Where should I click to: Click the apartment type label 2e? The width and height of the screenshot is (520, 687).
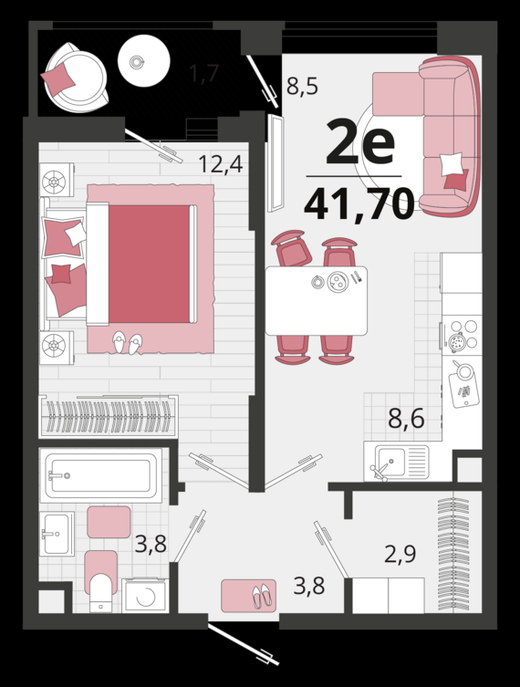pos(360,141)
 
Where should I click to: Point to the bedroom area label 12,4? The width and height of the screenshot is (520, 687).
pos(221,164)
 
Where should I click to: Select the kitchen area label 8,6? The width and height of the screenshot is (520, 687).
pos(406,419)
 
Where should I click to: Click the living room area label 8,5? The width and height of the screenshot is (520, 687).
pos(302,87)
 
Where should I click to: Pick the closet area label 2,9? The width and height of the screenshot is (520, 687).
pos(400,554)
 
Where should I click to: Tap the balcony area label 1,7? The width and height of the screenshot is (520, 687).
pos(203,73)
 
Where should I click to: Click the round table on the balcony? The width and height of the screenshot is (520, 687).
pos(144,61)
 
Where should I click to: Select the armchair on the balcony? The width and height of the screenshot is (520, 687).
pos(76,78)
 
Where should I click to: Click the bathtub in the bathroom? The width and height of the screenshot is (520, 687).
pos(100,475)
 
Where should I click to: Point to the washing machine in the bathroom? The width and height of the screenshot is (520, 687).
pos(145,595)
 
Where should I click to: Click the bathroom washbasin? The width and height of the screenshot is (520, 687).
pos(57,533)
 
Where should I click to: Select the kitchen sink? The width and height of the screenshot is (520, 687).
pos(397,462)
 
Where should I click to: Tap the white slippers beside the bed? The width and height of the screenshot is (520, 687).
pos(128,343)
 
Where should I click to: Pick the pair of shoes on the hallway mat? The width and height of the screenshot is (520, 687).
pos(262,596)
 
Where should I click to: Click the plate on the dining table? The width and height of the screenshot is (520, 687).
pos(338,282)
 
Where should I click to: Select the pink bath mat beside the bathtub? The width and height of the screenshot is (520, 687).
pos(109,522)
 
